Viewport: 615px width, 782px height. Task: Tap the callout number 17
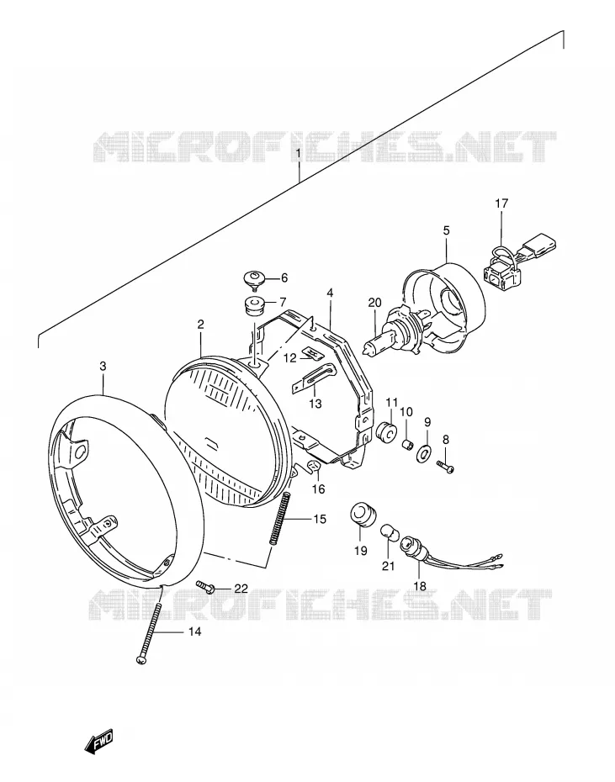501,203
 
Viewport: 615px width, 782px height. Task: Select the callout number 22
241,589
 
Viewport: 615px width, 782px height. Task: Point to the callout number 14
194,631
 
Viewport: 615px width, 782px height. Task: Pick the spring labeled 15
280,519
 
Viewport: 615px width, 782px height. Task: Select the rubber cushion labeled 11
387,431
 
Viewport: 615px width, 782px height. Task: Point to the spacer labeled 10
408,444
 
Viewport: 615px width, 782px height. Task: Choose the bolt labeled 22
205,587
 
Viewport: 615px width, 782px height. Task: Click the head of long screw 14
140,660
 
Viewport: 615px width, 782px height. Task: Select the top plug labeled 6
255,279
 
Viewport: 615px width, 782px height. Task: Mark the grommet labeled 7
254,306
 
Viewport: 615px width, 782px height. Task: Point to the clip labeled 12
313,355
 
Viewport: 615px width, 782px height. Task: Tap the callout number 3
103,367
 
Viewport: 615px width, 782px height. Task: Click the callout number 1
299,152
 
